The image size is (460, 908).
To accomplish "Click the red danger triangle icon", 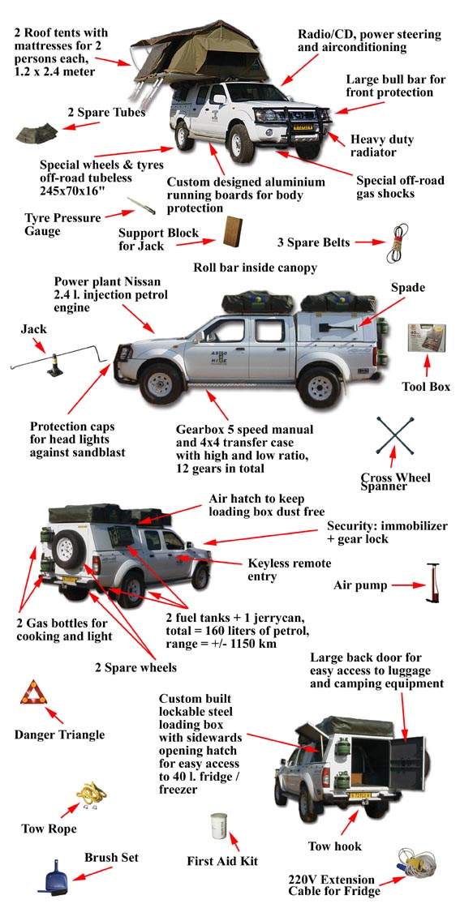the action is (x=33, y=693).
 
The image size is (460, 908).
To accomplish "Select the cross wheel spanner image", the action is (x=395, y=435).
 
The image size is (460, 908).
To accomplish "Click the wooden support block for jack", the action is (x=234, y=232).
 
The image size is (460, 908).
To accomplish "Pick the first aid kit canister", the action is (x=218, y=826).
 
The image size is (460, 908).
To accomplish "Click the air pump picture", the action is (x=432, y=585).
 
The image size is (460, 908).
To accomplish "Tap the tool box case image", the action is (x=426, y=340).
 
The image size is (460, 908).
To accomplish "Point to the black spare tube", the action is (x=37, y=133).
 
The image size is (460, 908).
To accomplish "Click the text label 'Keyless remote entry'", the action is (x=289, y=569).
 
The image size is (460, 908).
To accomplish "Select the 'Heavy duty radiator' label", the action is (x=382, y=146).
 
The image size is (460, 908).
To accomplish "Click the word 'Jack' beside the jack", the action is (x=33, y=329).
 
